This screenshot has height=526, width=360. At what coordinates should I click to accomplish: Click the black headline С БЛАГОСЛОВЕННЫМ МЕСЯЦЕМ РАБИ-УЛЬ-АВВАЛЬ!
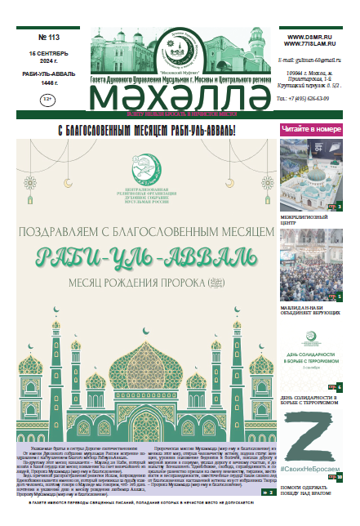point(148,129)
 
